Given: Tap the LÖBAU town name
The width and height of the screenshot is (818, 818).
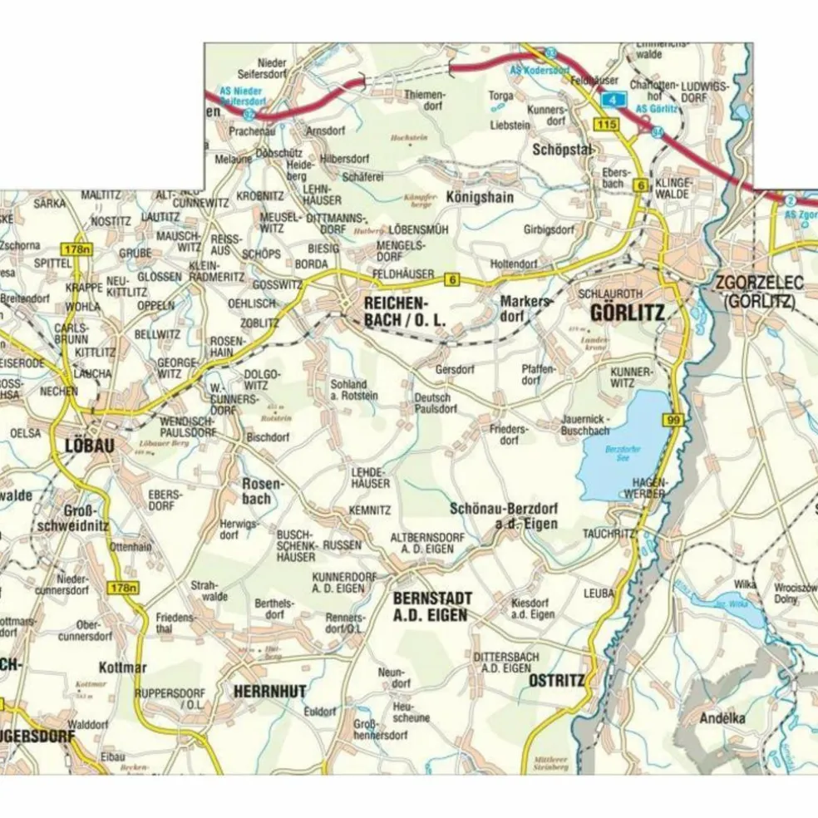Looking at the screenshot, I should click(x=87, y=445).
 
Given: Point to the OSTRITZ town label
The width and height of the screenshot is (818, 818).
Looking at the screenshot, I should click(x=556, y=681).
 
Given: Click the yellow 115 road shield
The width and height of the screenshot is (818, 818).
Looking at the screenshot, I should click(x=606, y=124).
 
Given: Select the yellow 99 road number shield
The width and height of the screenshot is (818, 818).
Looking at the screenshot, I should click(x=673, y=421).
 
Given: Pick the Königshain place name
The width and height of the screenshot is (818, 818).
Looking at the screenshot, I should click(x=480, y=198).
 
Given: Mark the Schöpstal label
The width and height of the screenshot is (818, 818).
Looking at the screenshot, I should click(x=562, y=149).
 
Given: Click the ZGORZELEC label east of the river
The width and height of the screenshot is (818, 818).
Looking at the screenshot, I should click(x=759, y=284).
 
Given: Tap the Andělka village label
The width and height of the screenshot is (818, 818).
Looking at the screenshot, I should click(x=722, y=717).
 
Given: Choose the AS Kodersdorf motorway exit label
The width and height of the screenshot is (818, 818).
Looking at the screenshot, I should click(x=540, y=71).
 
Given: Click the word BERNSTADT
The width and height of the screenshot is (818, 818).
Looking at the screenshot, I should click(x=432, y=599).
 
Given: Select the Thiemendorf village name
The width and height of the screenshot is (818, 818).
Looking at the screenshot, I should click(x=425, y=101).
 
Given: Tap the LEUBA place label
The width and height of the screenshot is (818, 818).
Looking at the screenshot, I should click(x=599, y=594).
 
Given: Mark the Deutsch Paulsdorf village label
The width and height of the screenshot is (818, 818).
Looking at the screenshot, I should click(x=436, y=403).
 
